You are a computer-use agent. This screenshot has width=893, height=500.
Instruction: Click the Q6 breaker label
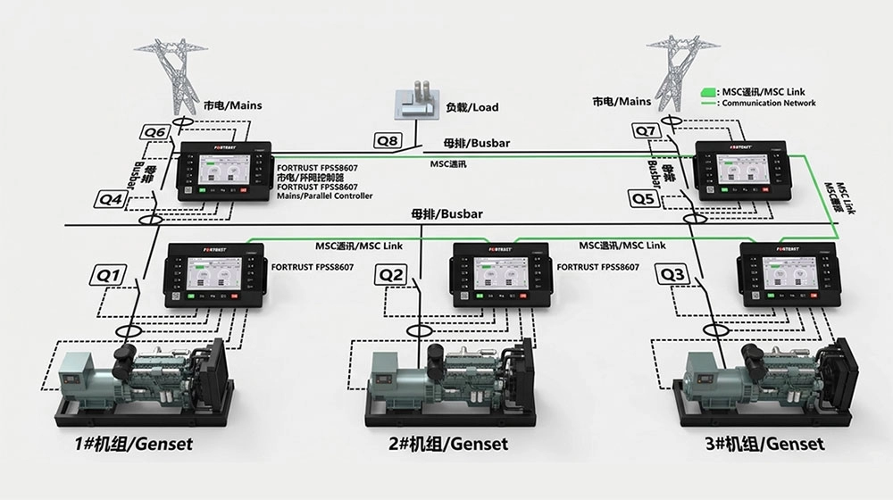(156, 133)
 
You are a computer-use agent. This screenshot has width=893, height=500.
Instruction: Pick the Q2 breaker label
(391, 276)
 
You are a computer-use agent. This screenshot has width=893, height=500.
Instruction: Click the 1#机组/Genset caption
(134, 443)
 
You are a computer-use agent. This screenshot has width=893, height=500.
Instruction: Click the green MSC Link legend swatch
(707, 92)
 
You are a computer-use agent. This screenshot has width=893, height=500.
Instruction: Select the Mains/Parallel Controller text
(325, 196)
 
